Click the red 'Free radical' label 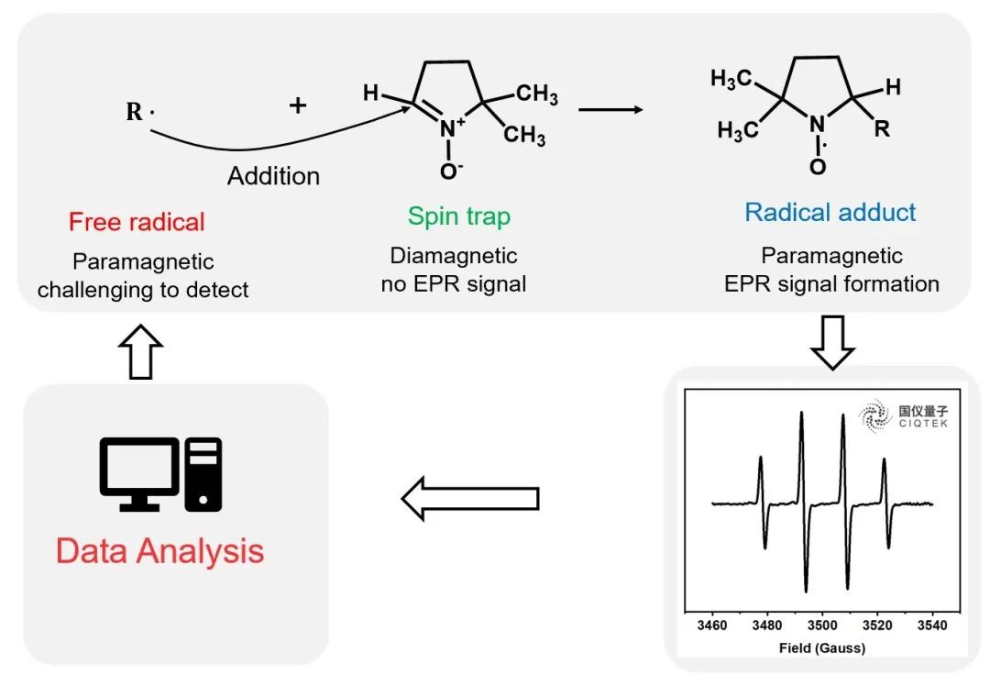tap(137, 221)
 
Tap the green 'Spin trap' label tap(458, 216)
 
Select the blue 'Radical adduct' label tap(830, 213)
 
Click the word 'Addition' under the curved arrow tap(273, 176)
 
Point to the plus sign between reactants tap(298, 106)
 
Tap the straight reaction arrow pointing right tap(610, 110)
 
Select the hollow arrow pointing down tap(832, 345)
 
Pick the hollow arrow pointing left tap(469, 498)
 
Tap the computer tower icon tap(203, 473)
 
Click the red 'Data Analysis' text tap(159, 551)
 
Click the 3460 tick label tap(712, 625)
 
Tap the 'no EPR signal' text tap(454, 283)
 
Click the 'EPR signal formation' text tap(831, 283)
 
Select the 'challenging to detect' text tap(143, 290)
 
